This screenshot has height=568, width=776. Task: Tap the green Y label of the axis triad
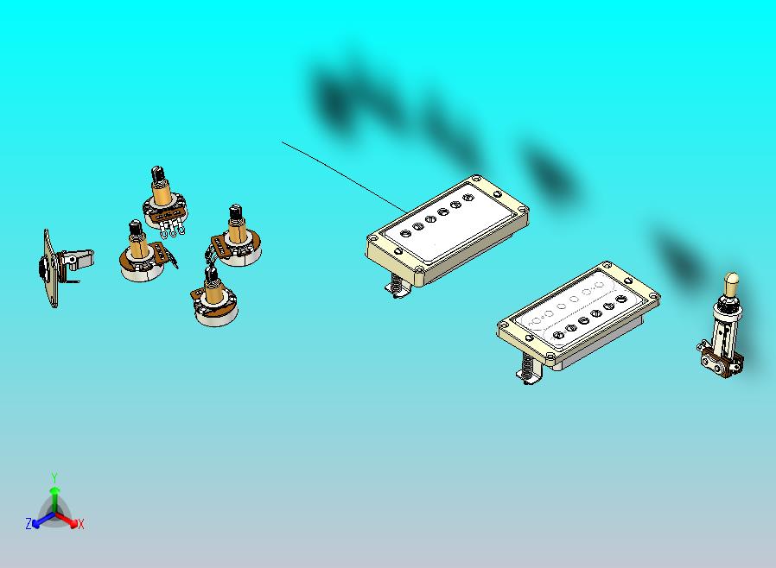click(x=54, y=477)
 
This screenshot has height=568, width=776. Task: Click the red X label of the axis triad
click(x=80, y=525)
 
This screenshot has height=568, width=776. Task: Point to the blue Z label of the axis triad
click(x=29, y=523)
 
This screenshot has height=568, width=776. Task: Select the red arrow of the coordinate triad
click(x=67, y=519)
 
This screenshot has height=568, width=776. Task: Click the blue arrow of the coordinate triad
click(x=43, y=519)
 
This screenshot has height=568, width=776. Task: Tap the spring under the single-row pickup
click(x=396, y=285)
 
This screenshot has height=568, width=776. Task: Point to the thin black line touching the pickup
click(x=345, y=178)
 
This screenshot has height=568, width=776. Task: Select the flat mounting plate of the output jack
click(x=49, y=268)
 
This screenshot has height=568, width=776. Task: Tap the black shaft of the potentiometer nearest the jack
click(x=135, y=229)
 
